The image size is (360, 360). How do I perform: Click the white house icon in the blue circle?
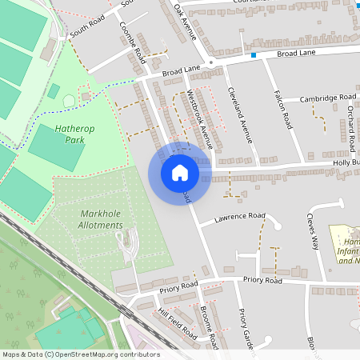(x=180, y=172)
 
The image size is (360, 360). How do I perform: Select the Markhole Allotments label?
(x=102, y=219)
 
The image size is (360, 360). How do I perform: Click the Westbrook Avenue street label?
(x=201, y=120)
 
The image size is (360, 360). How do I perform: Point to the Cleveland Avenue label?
(x=241, y=114)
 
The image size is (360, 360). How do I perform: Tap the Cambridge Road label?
(x=328, y=98)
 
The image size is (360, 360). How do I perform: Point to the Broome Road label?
(x=210, y=326)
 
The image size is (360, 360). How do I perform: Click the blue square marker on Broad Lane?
(x=254, y=55)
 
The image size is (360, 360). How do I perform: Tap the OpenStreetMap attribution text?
(x=81, y=354)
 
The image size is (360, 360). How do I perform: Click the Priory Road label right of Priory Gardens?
(x=262, y=281)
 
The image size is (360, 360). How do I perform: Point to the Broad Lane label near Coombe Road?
(x=181, y=70)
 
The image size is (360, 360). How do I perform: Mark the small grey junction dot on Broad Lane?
(x=210, y=62)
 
